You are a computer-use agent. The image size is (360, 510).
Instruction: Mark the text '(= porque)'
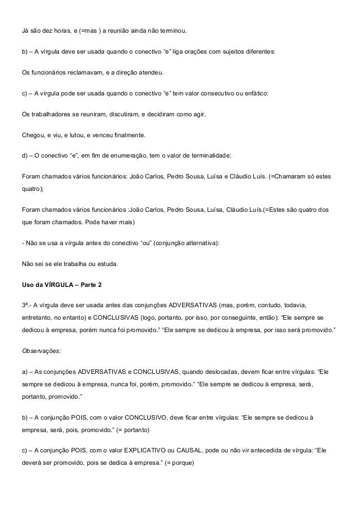(x=177, y=453)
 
